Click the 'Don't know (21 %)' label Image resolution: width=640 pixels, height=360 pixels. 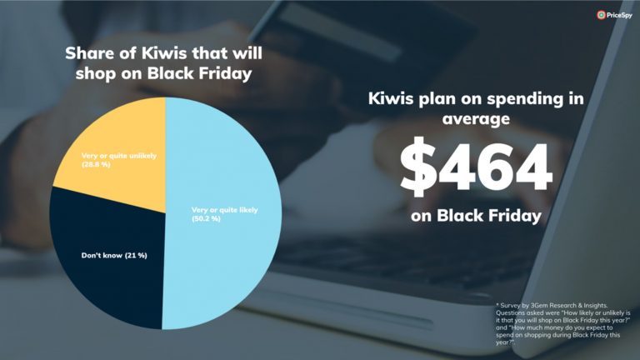(114, 256)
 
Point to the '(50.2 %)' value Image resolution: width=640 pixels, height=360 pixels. (206, 219)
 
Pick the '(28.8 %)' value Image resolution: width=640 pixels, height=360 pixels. (96, 164)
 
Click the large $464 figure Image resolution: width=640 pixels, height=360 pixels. (476, 167)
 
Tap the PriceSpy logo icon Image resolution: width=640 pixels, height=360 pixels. (601, 15)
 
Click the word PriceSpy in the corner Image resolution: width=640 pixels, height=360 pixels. (619, 16)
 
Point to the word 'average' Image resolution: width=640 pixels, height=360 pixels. (476, 119)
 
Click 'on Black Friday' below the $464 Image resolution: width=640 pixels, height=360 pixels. (476, 216)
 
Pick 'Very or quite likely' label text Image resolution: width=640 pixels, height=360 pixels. (224, 210)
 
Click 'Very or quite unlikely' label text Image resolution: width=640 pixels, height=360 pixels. (119, 156)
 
